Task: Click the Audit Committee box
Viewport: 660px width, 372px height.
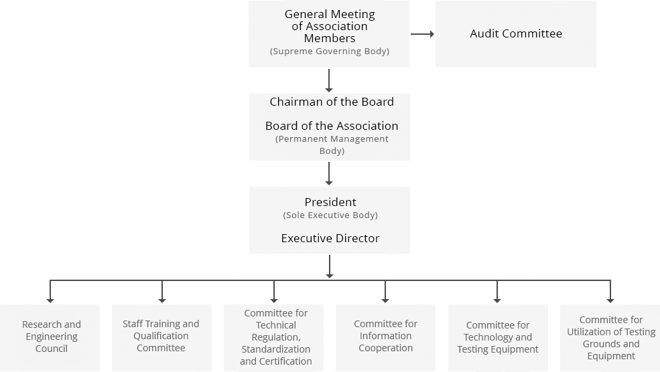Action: coord(516,34)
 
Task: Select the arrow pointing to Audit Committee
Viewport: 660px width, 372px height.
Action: coord(422,34)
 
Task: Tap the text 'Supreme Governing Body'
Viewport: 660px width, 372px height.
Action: coord(330,52)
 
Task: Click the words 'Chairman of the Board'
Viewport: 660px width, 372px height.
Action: coord(332,102)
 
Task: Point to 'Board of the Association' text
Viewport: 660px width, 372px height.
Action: coord(332,126)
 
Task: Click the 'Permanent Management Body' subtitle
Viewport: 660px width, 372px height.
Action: coord(332,145)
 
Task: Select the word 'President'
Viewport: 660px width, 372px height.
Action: coord(330,202)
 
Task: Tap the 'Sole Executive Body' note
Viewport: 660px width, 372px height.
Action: coord(330,215)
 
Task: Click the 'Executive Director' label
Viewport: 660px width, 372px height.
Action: coord(330,238)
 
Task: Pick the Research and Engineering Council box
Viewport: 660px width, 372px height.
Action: coord(50,337)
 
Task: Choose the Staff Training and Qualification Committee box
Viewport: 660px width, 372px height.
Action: coord(161,337)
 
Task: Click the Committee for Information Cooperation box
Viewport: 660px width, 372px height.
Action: coord(385,337)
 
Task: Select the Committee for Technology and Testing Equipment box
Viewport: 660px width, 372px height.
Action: coord(498,337)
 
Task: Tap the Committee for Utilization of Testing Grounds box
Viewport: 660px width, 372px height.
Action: coord(610,337)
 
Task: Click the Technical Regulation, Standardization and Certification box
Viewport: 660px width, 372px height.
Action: coord(273,337)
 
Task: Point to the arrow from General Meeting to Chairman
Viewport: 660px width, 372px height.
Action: coord(329,81)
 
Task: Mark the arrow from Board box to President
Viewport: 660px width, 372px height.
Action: coord(329,173)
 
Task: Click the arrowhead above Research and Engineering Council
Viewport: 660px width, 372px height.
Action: coord(50,300)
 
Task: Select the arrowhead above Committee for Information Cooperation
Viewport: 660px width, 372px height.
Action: coord(385,300)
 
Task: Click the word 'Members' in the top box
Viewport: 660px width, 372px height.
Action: coord(330,38)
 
